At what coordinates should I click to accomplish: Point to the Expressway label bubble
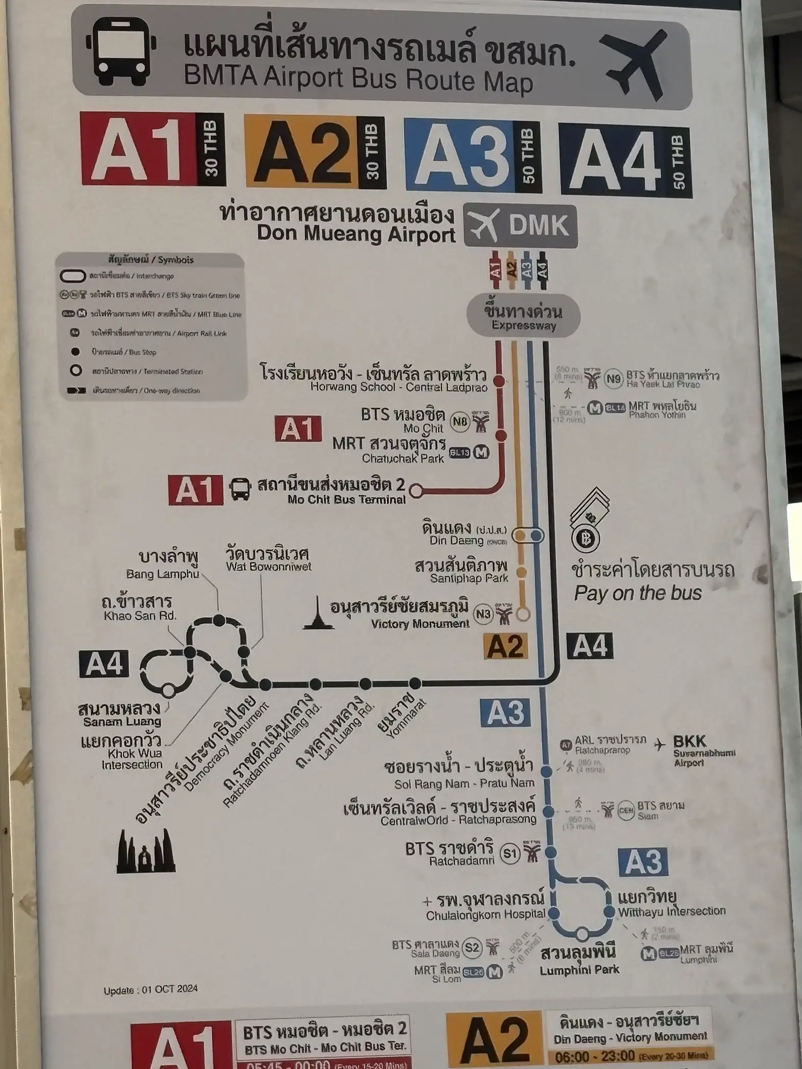point(523,317)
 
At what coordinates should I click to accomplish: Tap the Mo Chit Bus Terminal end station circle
point(416,491)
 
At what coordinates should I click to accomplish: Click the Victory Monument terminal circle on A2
point(523,614)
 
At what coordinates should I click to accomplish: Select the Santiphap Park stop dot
point(521,572)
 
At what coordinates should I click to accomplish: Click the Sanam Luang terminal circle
point(168,691)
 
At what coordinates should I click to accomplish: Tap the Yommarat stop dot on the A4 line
point(415,683)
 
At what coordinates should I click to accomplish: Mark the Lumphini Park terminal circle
point(582,934)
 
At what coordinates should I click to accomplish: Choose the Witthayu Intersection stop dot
point(609,911)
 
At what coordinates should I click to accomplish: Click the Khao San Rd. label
point(139,608)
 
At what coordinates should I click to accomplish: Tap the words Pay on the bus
point(638,593)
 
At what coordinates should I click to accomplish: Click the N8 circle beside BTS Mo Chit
point(460,421)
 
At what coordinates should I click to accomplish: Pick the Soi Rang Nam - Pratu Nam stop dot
point(546,771)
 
